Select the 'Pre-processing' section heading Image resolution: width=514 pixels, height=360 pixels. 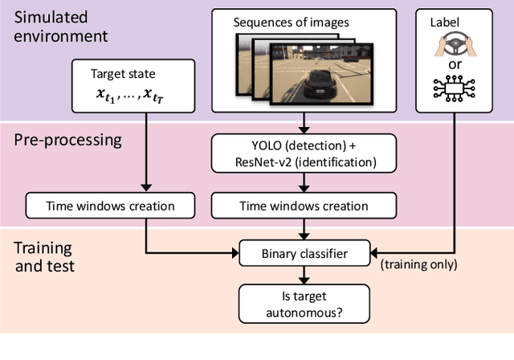(x=68, y=140)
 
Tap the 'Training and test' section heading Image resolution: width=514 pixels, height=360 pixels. (x=43, y=256)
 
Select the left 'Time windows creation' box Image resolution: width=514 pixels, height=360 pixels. (x=100, y=206)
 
